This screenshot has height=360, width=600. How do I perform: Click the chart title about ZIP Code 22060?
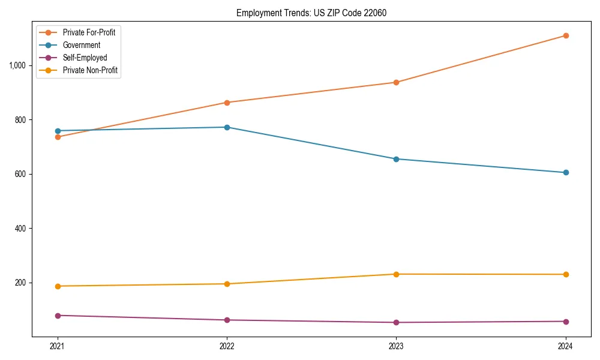[x=311, y=13]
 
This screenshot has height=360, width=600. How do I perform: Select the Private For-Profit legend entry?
[x=89, y=32]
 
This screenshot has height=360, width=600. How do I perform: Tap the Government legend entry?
[x=82, y=45]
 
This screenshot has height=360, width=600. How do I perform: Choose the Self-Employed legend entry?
[x=85, y=58]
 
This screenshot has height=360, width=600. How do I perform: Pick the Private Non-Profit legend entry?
[x=90, y=70]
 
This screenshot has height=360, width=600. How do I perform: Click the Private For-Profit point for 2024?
[x=566, y=35]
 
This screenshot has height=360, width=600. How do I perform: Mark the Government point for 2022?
[x=227, y=127]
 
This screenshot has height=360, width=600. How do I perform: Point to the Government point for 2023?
[x=396, y=159]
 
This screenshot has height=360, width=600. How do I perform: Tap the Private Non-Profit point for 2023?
[x=396, y=274]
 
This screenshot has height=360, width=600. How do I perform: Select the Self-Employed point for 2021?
[x=58, y=316]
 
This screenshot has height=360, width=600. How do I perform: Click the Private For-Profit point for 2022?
[x=227, y=103]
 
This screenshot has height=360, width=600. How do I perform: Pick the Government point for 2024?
[x=566, y=172]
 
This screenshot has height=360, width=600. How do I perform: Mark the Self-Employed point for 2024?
[x=566, y=322]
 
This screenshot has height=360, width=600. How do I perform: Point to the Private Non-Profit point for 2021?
[x=58, y=286]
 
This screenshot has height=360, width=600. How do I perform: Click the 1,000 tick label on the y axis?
[x=18, y=65]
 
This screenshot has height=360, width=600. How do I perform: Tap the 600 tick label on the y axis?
[x=21, y=174]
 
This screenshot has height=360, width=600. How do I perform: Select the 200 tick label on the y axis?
[x=21, y=283]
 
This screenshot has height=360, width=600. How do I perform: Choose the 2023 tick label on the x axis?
[x=396, y=346]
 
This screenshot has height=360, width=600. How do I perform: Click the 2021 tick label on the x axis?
[x=58, y=346]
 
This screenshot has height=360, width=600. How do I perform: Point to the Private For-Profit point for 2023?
[x=396, y=82]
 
